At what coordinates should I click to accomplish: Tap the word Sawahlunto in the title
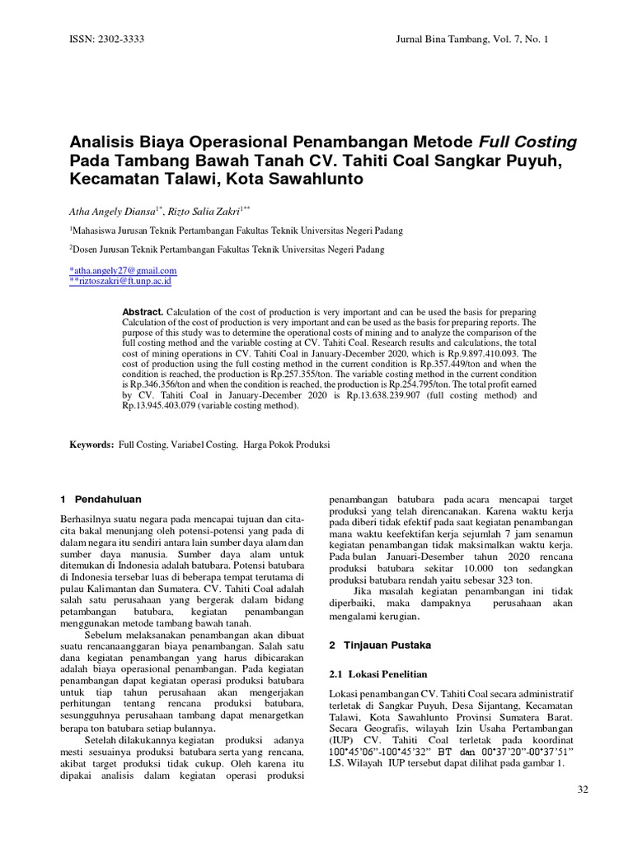316,178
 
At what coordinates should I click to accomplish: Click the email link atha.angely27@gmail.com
124,270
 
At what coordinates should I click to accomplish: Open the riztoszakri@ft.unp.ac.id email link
123,281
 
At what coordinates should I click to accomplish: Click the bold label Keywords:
91,445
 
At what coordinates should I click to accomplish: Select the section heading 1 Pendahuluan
101,499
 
